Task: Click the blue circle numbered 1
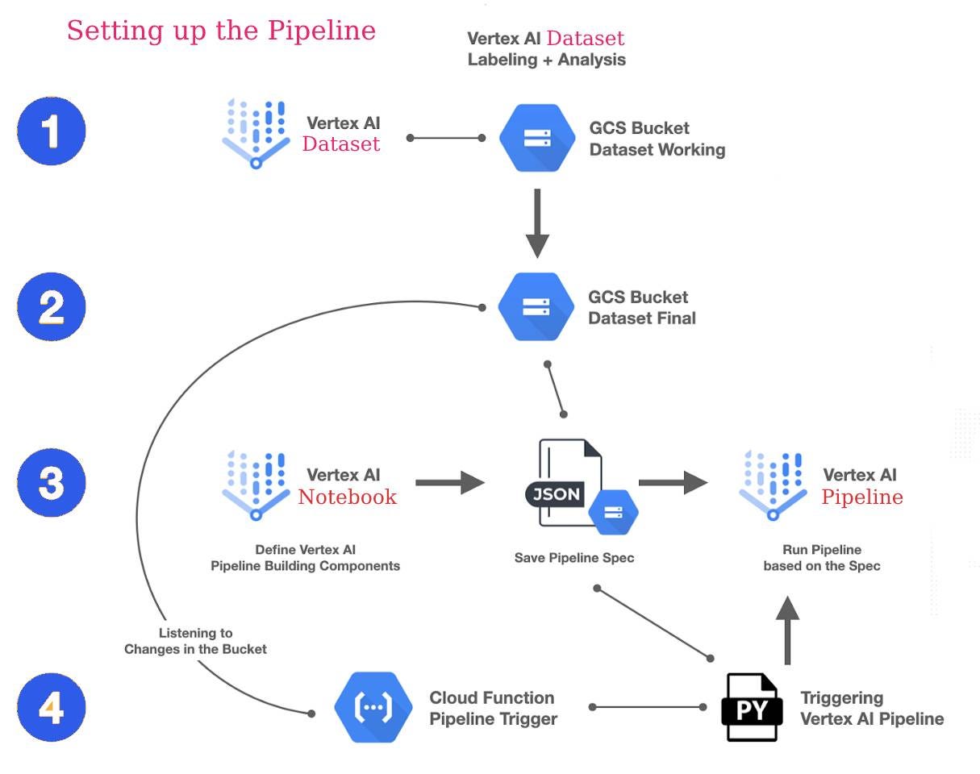click(x=52, y=131)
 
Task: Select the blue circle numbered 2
click(x=52, y=307)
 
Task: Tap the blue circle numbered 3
click(x=52, y=483)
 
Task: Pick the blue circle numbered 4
click(x=52, y=707)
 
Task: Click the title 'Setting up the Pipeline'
click(x=221, y=31)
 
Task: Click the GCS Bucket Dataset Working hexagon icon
click(x=536, y=138)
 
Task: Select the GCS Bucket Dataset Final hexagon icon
click(x=536, y=307)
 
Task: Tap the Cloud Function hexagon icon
click(x=373, y=707)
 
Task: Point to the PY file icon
click(x=751, y=707)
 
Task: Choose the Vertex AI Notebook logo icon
click(x=256, y=485)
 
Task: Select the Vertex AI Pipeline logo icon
click(x=773, y=485)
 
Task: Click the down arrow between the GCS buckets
click(x=537, y=223)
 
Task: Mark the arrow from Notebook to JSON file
click(x=450, y=483)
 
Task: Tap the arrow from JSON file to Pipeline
click(x=673, y=483)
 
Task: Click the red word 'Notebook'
click(x=347, y=497)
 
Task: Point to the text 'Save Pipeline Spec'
click(x=574, y=557)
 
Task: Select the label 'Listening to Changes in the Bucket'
click(x=195, y=641)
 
